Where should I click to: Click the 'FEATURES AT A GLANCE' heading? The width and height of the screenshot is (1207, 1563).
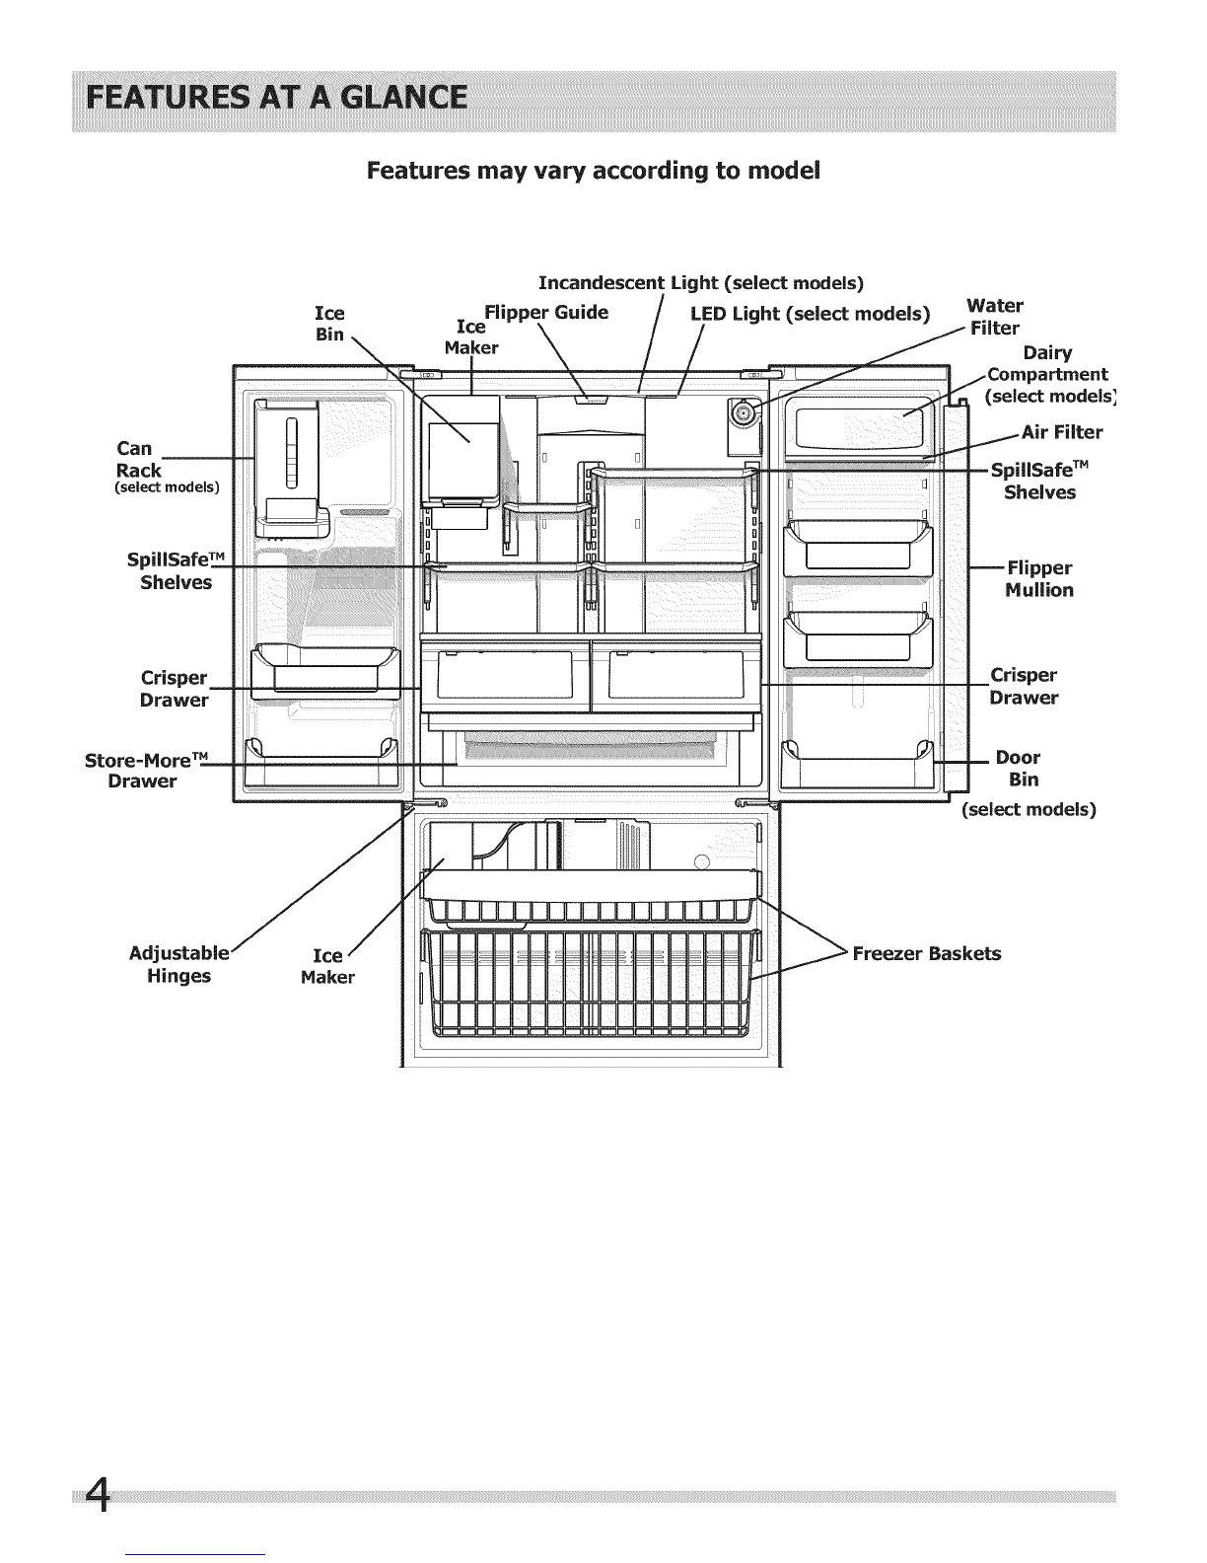(x=277, y=98)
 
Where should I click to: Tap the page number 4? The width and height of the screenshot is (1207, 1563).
(x=98, y=1496)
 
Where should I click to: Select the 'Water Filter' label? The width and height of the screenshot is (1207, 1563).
(x=994, y=317)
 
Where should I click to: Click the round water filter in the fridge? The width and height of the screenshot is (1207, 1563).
(x=742, y=412)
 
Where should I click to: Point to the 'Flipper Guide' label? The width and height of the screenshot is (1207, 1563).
(x=546, y=313)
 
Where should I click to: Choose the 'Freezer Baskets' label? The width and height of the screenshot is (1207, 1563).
(x=927, y=954)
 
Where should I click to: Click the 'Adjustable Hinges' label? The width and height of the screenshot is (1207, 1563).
(x=179, y=965)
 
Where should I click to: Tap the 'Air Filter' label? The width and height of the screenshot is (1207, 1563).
(x=1062, y=432)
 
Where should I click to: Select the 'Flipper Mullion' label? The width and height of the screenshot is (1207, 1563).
(x=1039, y=579)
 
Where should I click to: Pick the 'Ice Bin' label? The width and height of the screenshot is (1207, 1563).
(x=330, y=324)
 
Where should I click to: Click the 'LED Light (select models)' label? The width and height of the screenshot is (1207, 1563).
(x=811, y=315)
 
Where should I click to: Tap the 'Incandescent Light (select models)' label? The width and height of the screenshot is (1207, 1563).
(x=701, y=283)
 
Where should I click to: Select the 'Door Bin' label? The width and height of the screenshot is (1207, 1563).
(x=1018, y=769)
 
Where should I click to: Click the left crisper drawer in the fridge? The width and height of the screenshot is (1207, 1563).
(x=505, y=675)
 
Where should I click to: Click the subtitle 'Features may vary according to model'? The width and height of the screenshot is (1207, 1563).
(x=594, y=171)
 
